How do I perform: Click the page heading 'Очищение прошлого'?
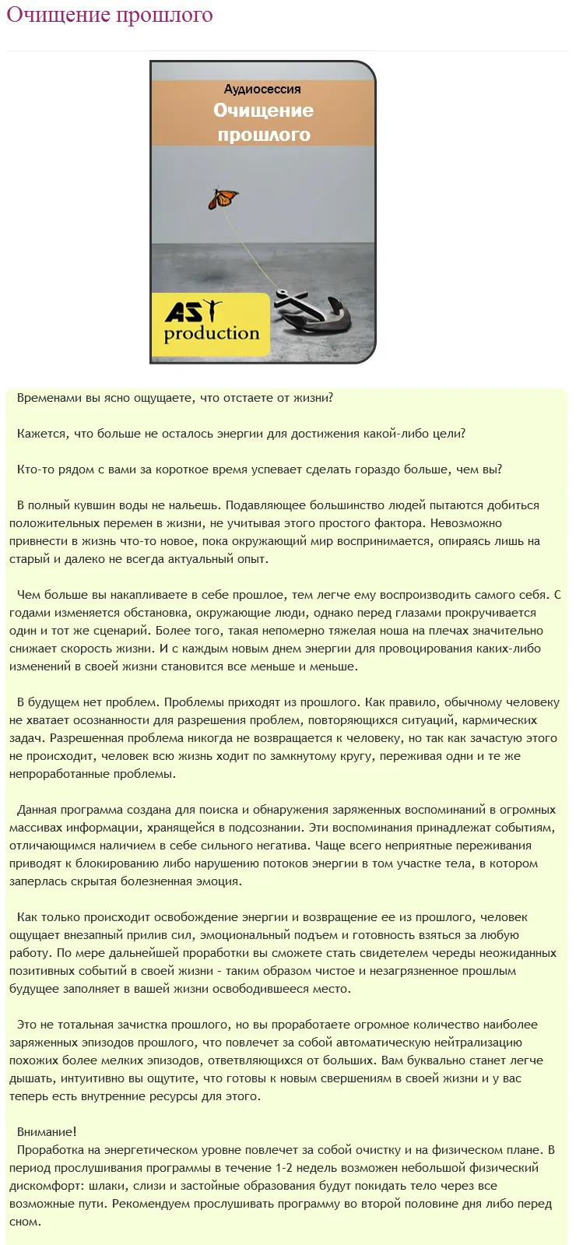110,15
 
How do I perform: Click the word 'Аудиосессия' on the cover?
262,90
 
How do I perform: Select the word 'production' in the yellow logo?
212,333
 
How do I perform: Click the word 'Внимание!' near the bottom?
47,1132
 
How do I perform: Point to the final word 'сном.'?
25,1222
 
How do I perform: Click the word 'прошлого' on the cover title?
263,135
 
